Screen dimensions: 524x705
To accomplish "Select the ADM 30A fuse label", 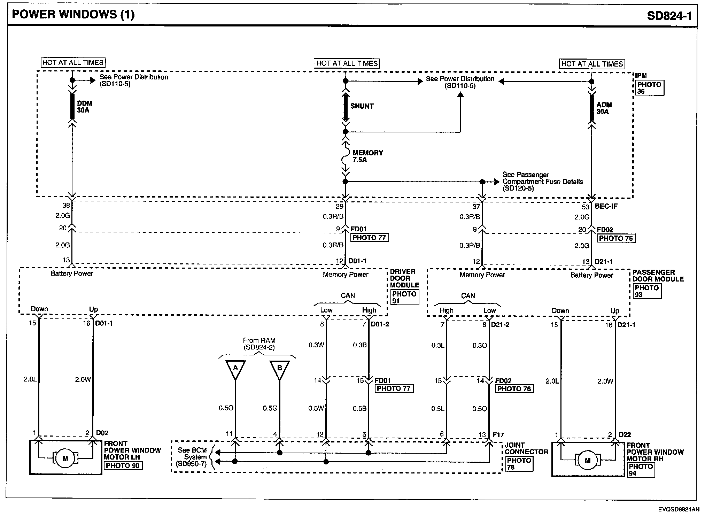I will pyautogui.click(x=604, y=108).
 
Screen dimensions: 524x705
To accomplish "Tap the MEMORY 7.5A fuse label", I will pyautogui.click(x=367, y=156).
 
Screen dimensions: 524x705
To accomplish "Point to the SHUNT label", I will pyautogui.click(x=362, y=106).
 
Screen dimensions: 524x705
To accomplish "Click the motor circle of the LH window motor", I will pyautogui.click(x=65, y=458).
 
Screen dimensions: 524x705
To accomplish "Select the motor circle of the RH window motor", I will pyautogui.click(x=588, y=460).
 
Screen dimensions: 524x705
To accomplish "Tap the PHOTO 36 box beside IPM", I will pyautogui.click(x=650, y=88).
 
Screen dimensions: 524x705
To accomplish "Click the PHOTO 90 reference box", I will pyautogui.click(x=123, y=465).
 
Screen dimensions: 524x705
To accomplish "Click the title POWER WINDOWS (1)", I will pyautogui.click(x=73, y=15).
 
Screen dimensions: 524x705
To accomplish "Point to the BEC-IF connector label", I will pyautogui.click(x=606, y=206).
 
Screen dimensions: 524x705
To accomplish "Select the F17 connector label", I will pyautogui.click(x=498, y=435).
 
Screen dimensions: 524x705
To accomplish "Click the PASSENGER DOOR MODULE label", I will pyautogui.click(x=658, y=276).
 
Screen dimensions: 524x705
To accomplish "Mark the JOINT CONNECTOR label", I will pyautogui.click(x=526, y=448).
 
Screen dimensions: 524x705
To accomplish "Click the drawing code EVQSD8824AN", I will pyautogui.click(x=679, y=509).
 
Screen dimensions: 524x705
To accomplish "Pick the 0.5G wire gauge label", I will pyautogui.click(x=270, y=408).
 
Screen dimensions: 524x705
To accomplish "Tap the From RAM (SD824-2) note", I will pyautogui.click(x=259, y=344).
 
